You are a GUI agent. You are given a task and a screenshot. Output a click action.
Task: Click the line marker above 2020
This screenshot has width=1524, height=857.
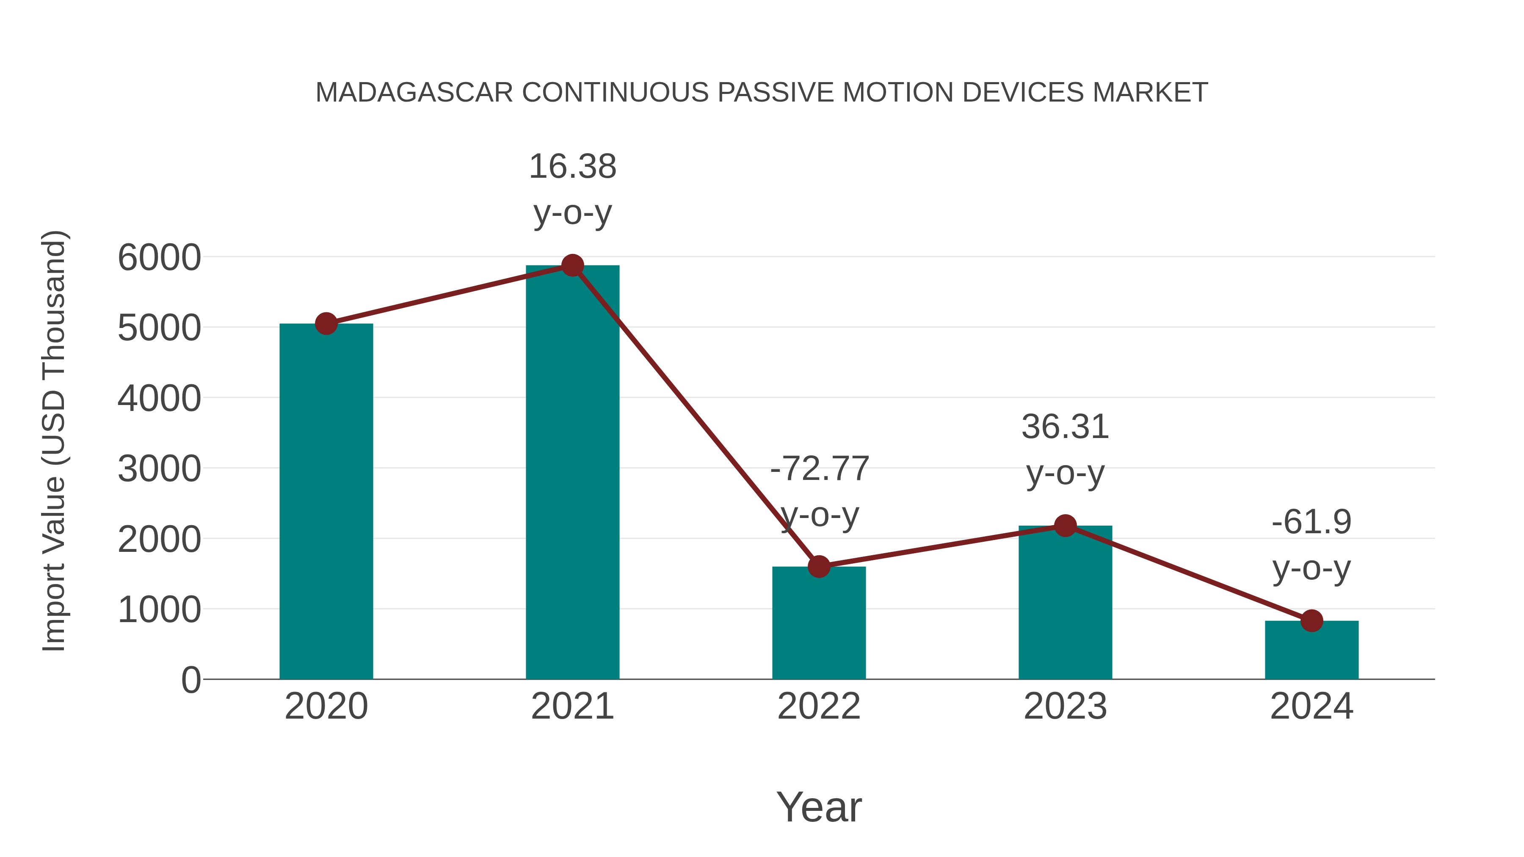point(326,323)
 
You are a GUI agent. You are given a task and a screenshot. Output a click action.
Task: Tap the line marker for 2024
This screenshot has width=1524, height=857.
point(1311,621)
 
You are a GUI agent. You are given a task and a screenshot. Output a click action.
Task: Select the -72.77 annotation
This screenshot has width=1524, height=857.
point(820,469)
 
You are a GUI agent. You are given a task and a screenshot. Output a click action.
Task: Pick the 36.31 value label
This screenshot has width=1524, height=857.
point(1065,427)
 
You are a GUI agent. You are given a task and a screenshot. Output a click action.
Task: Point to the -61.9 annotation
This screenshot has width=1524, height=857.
point(1311,522)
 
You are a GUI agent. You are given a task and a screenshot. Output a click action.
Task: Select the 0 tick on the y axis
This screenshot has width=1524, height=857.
point(190,680)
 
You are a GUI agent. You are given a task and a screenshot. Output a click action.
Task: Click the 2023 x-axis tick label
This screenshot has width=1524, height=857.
point(1065,706)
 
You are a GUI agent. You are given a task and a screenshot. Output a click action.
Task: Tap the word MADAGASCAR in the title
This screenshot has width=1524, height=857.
point(414,93)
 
